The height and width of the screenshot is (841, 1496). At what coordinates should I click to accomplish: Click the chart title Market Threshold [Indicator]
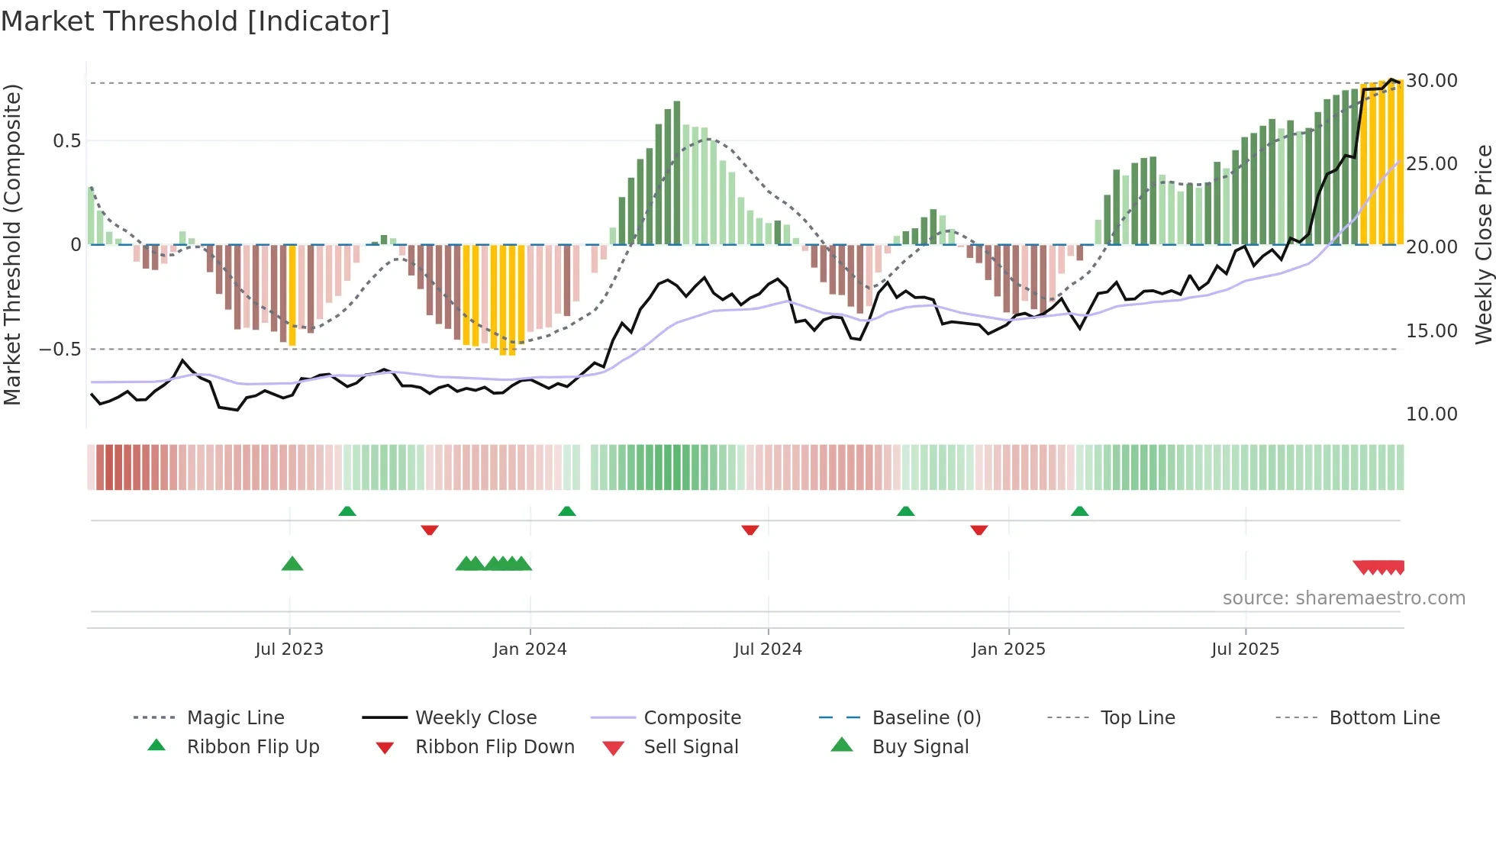click(x=195, y=21)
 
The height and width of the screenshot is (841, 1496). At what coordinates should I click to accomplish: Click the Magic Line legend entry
click(x=235, y=718)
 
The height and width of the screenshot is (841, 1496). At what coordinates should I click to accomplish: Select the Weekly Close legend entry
click(x=476, y=718)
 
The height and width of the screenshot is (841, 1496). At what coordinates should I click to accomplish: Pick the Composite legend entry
click(x=692, y=718)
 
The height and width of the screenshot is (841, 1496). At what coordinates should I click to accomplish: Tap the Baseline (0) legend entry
click(x=926, y=718)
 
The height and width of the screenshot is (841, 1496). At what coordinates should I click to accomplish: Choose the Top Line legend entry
click(x=1137, y=718)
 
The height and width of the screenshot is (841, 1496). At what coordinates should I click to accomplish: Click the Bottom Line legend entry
click(x=1384, y=718)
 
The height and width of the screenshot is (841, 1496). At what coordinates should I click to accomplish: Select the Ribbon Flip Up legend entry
click(x=253, y=747)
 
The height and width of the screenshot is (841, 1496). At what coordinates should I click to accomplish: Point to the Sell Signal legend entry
click(x=691, y=747)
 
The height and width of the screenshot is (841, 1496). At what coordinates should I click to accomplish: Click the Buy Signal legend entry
click(x=920, y=747)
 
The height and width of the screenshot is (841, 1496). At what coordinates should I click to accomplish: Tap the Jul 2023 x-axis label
click(x=289, y=649)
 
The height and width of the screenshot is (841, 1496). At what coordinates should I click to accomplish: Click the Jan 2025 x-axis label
click(x=1008, y=649)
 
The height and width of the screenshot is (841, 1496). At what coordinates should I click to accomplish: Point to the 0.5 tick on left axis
click(x=66, y=141)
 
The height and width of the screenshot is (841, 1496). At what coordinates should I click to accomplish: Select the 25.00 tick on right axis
click(x=1432, y=164)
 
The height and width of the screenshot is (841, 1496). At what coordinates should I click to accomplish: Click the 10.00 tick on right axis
click(x=1432, y=414)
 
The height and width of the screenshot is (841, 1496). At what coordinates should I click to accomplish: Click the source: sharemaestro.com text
click(x=1343, y=598)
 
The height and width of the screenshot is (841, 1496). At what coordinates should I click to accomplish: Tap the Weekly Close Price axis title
click(x=1483, y=244)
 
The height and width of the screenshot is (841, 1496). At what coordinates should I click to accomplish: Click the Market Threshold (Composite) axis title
click(x=12, y=244)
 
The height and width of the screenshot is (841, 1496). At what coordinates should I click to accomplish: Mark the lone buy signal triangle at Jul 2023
click(x=292, y=564)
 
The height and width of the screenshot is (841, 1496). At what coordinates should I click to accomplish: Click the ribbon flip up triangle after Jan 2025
click(x=1079, y=511)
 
